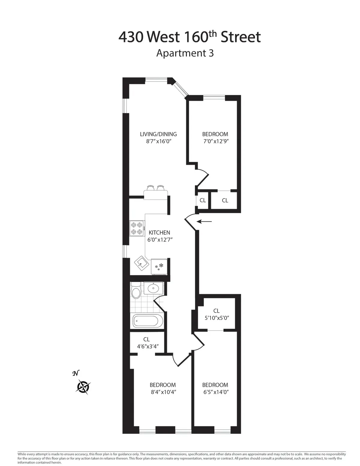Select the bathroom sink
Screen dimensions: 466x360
(153, 288)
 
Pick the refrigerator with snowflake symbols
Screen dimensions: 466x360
(159, 266)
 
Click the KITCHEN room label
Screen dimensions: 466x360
(159, 233)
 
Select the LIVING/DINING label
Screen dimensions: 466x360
(158, 134)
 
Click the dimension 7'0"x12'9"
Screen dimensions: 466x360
(215, 142)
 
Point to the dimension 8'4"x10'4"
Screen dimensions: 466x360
(163, 392)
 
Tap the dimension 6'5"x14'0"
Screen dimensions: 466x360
(215, 392)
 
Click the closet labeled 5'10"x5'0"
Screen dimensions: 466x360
(216, 314)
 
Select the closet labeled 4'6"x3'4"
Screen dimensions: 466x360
(146, 343)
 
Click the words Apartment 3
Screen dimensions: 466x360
(185, 53)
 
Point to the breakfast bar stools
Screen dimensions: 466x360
(156, 188)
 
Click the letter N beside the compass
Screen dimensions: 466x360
(76, 373)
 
